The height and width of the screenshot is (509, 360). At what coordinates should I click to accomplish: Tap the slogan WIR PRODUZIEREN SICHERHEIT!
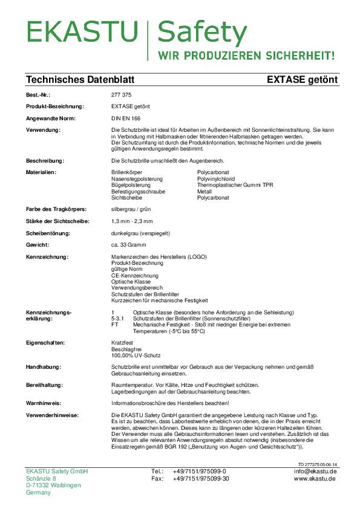coord(246,56)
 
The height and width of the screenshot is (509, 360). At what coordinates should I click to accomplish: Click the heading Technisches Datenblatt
coord(80,80)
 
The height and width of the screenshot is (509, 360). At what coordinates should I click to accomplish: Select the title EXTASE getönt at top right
coord(302,80)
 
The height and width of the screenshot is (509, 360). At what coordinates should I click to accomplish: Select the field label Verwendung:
coord(44,130)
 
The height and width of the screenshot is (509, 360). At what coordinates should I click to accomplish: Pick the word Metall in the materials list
coord(205,191)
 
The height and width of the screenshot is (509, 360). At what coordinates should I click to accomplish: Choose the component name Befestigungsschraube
coord(137,191)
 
